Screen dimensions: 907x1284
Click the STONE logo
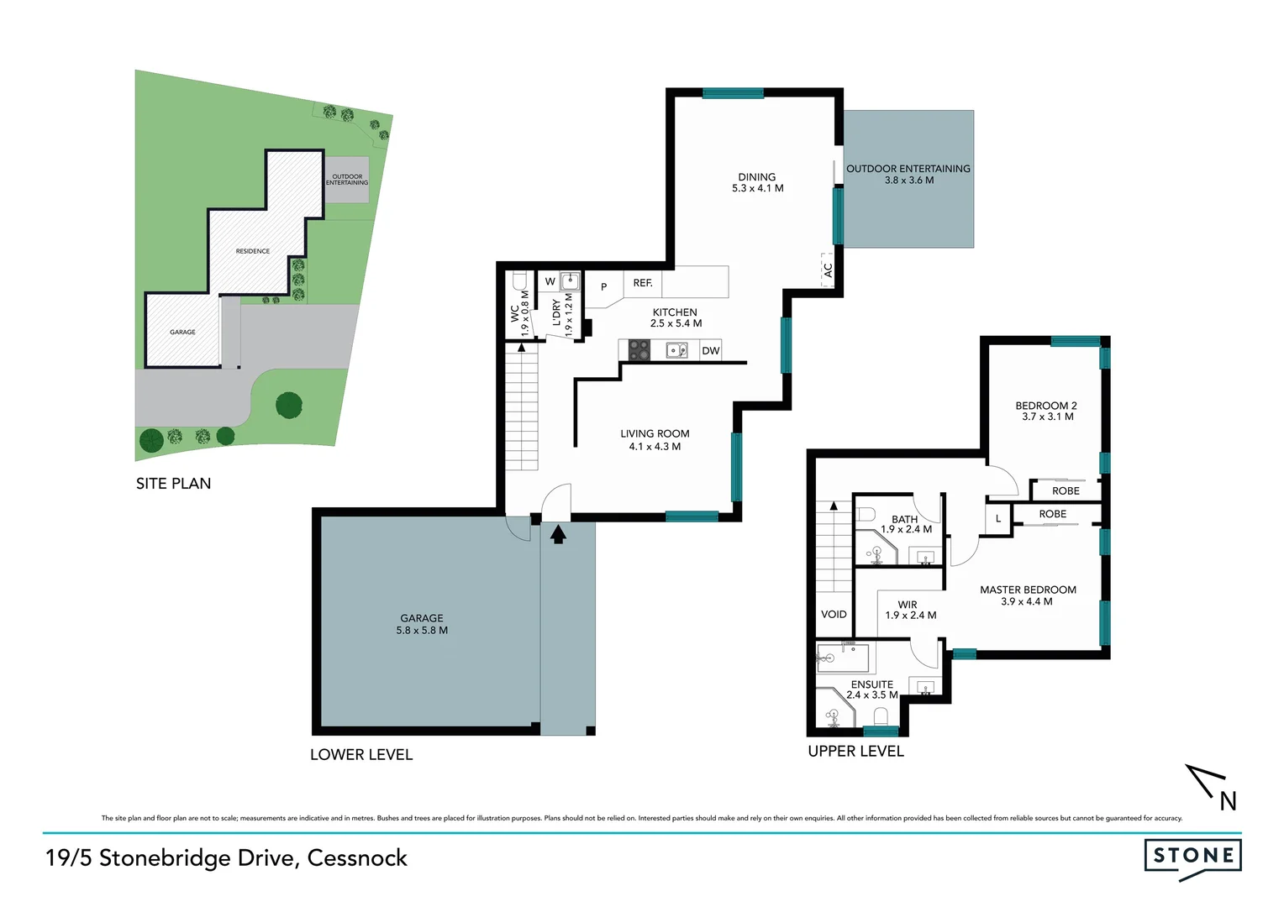point(1192,857)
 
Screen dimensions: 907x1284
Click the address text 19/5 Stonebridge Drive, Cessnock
point(226,857)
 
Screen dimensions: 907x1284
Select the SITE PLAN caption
point(173,484)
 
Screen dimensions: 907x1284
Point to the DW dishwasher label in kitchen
point(711,351)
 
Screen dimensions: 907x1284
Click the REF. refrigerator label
point(643,283)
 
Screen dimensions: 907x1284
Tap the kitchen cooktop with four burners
point(639,350)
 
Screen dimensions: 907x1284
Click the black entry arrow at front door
point(558,534)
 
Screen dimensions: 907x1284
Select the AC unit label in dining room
point(828,270)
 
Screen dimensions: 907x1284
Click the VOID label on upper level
point(834,615)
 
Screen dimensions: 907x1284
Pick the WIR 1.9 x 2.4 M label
point(909,610)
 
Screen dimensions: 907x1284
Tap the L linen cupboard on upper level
point(998,519)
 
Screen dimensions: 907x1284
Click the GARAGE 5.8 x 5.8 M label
point(422,624)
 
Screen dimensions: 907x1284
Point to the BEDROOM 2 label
point(1046,411)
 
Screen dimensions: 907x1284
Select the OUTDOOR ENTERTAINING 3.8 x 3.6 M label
point(908,174)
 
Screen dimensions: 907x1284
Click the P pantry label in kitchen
point(603,287)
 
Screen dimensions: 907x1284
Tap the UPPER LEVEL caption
point(855,752)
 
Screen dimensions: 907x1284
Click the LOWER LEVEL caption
point(361,755)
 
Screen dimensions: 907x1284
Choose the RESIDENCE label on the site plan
point(253,251)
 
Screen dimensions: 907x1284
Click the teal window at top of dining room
point(733,93)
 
